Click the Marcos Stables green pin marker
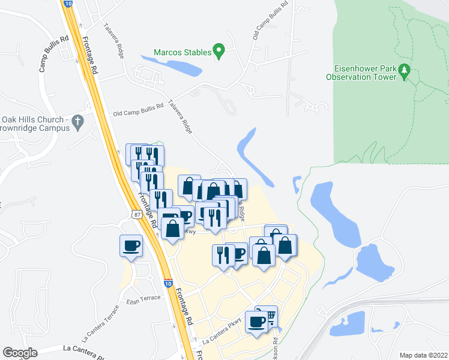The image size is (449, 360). click(219, 52)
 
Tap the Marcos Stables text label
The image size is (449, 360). click(182, 52)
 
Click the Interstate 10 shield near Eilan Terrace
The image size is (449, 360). click(167, 282)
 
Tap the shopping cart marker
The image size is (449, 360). click(270, 316)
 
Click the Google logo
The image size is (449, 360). click(20, 353)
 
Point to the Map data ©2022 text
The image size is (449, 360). click(423, 355)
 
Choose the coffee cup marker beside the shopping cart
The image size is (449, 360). click(257, 322)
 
